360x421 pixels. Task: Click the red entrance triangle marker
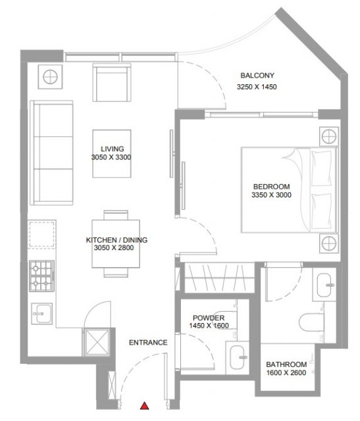click(x=145, y=406)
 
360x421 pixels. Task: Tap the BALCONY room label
click(x=257, y=76)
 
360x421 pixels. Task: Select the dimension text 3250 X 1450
click(x=257, y=87)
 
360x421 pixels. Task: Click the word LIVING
click(x=113, y=149)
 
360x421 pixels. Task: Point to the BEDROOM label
click(x=271, y=187)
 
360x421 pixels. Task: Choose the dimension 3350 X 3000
click(x=271, y=195)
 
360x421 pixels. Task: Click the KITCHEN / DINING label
click(x=116, y=239)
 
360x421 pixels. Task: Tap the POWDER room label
click(x=209, y=318)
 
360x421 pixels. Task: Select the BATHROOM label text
click(x=286, y=364)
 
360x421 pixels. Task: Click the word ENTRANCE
click(x=148, y=343)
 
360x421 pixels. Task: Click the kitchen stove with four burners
click(x=41, y=276)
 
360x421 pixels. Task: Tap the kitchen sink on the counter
click(x=42, y=314)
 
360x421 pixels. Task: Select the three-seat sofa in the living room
click(x=51, y=153)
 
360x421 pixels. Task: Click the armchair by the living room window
click(x=112, y=82)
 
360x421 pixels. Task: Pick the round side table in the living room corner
click(x=50, y=77)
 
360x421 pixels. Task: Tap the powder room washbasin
click(x=238, y=358)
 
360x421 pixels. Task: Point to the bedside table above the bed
click(x=329, y=136)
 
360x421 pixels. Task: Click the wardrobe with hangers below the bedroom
click(x=219, y=278)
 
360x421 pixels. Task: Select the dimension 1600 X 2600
click(x=286, y=373)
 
